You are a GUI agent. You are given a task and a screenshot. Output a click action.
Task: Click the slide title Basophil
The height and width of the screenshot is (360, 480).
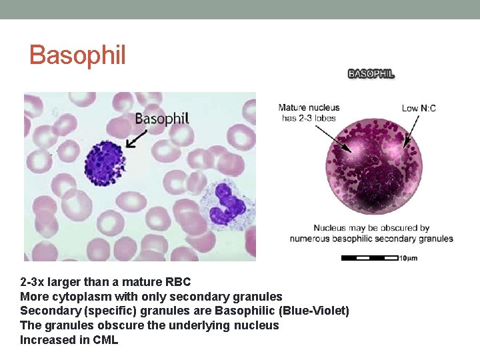(x=77, y=55)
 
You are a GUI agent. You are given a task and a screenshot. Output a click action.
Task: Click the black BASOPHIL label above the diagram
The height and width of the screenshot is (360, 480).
(x=371, y=74)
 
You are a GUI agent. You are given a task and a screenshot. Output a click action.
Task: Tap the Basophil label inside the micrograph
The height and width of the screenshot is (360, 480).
(x=162, y=119)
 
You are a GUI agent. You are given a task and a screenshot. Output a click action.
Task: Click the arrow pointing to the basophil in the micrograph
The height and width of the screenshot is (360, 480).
(x=137, y=139)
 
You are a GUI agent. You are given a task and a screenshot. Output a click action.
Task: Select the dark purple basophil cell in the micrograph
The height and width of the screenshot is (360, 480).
(x=105, y=163)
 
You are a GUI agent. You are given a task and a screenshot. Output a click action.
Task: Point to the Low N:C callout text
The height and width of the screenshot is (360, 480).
(x=419, y=108)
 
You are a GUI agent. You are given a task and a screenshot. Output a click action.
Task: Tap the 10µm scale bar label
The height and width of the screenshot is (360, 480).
(x=408, y=258)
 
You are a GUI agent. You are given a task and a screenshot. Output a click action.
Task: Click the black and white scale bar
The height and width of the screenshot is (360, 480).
(x=369, y=258)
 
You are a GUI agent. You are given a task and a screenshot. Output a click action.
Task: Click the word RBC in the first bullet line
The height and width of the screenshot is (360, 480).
(x=178, y=282)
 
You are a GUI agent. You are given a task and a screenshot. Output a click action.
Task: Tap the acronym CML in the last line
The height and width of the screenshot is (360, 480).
(x=105, y=340)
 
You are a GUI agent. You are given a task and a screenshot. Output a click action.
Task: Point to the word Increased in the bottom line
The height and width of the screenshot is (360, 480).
(x=45, y=340)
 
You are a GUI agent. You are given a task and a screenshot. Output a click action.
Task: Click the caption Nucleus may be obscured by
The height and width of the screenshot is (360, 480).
(x=371, y=228)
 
